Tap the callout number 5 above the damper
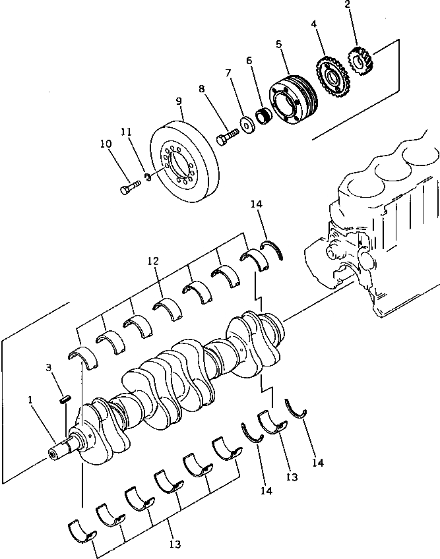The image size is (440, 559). tap(279, 44)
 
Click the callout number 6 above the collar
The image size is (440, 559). tap(249, 60)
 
